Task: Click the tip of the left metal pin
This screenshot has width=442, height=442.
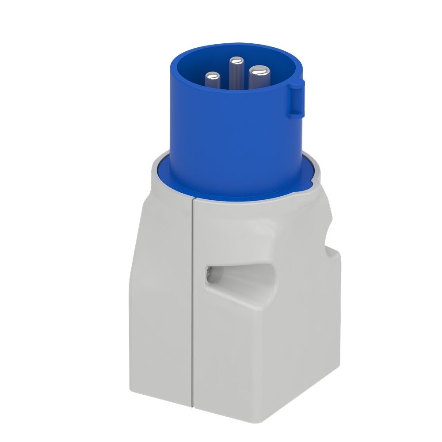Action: (213, 76)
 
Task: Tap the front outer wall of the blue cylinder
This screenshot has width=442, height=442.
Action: (230, 141)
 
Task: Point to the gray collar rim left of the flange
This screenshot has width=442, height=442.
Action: (152, 175)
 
